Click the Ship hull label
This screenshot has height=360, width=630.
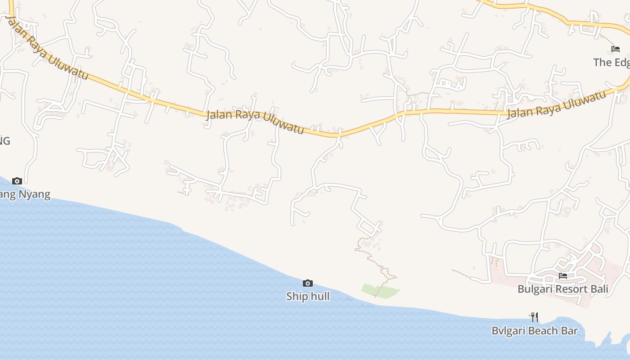[308, 296]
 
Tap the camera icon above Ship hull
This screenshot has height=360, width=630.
[308, 283]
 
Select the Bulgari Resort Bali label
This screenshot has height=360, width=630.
[562, 289]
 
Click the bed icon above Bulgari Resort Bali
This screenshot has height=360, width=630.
[563, 275]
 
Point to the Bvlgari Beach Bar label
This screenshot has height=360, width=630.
[534, 331]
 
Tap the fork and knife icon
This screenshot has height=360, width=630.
[534, 317]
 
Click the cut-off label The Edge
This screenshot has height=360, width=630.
[611, 62]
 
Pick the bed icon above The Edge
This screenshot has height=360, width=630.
[615, 49]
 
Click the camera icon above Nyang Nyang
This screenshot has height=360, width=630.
[17, 181]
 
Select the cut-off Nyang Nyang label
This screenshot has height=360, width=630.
[25, 194]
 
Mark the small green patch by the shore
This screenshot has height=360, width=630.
[380, 291]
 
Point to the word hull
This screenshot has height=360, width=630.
[319, 296]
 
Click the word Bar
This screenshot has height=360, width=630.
[569, 331]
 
